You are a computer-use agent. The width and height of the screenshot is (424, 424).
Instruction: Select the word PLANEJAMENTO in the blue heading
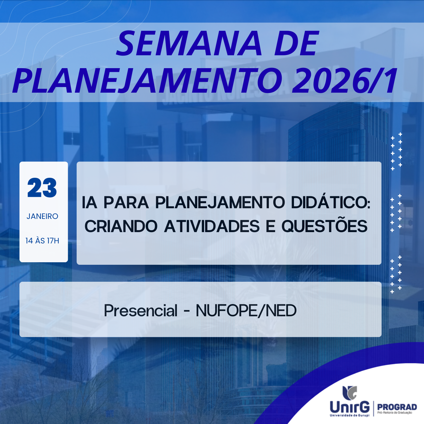147,80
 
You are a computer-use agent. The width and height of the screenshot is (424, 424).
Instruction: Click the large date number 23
42,188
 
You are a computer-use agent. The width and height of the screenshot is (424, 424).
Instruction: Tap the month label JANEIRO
42,216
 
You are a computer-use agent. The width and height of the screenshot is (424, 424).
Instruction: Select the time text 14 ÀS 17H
42,241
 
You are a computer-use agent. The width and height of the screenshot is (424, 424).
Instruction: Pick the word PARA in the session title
126,203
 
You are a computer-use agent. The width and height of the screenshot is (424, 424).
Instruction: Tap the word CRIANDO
121,226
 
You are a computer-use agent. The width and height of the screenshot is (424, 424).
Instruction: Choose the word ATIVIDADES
212,226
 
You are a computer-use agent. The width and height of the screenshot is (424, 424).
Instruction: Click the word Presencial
141,311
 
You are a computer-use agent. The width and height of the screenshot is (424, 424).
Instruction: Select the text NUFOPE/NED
246,311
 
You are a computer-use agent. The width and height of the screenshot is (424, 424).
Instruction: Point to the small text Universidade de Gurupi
350,415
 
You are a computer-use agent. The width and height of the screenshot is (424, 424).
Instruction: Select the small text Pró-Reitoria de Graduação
395,413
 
